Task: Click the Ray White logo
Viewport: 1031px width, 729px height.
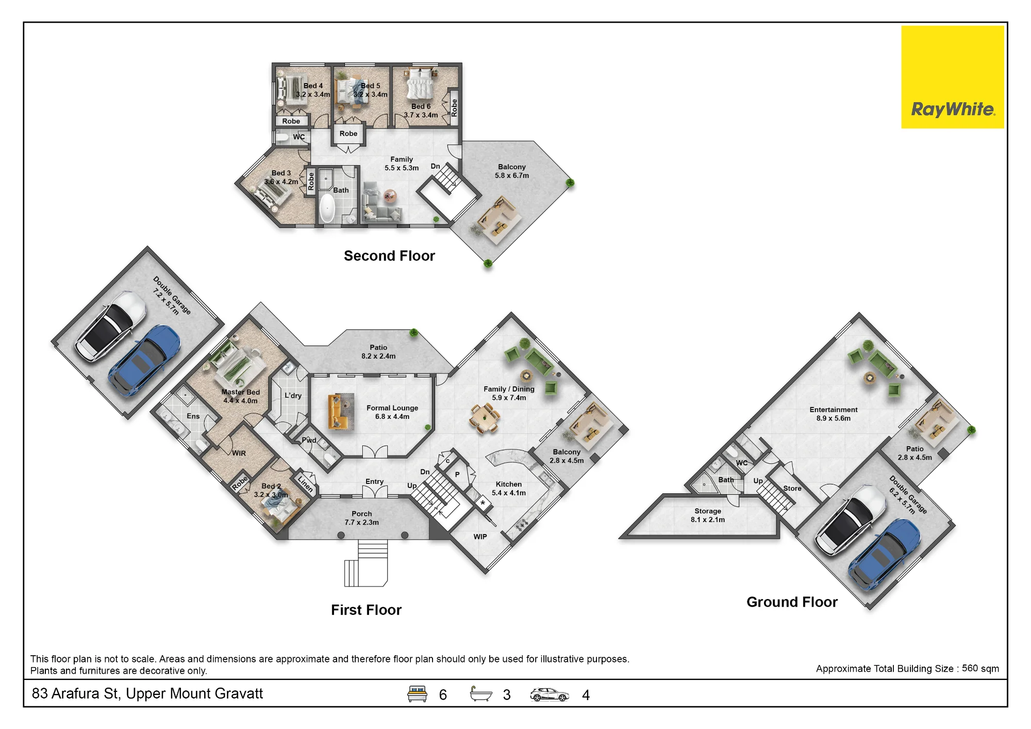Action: [952, 77]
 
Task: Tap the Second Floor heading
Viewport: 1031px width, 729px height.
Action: [389, 256]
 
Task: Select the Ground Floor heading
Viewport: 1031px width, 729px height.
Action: [792, 602]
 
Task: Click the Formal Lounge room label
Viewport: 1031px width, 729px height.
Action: [392, 412]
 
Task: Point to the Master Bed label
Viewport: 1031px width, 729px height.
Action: [240, 396]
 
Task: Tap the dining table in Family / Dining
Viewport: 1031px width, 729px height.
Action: [485, 417]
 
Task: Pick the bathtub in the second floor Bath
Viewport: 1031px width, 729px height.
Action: [327, 207]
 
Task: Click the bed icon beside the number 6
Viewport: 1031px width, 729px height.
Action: [417, 694]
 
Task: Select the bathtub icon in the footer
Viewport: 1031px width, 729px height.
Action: [481, 694]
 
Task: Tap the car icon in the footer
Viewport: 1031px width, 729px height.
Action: [550, 695]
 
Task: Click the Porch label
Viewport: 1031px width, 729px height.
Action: [361, 518]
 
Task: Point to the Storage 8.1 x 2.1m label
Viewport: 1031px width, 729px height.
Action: [708, 515]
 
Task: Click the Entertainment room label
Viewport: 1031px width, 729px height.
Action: [834, 414]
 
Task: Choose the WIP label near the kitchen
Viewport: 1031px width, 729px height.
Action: [480, 537]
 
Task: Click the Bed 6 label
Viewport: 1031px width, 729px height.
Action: [421, 110]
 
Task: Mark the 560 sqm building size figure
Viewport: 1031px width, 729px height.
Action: [980, 669]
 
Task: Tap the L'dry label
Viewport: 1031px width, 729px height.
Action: [293, 396]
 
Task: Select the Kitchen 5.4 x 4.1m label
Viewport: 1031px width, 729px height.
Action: [509, 489]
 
